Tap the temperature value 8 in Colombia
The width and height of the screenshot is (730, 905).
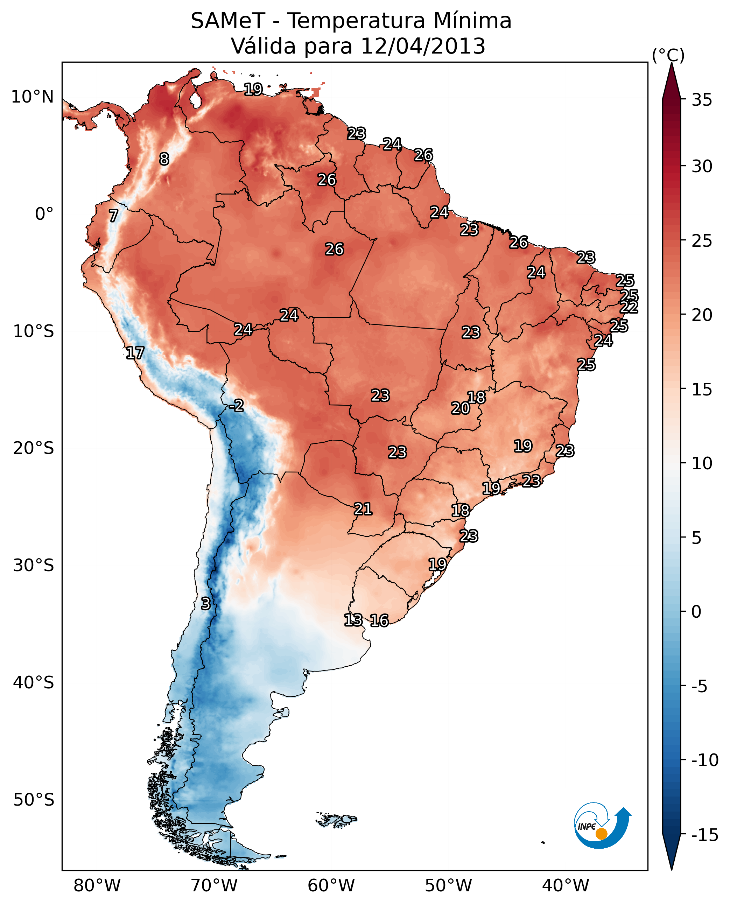164,159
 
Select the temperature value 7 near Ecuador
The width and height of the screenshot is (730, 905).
113,216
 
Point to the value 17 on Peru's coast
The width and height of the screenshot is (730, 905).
135,353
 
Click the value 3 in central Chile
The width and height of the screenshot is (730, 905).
205,603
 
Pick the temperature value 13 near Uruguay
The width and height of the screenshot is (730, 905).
353,620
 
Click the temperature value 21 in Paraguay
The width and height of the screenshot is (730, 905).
363,509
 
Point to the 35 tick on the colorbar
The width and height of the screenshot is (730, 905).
702,100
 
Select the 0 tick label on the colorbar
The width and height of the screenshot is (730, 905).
696,612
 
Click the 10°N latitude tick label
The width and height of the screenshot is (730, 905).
33,97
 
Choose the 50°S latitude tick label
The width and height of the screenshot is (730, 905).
34,800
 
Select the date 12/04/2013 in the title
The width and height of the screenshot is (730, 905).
423,46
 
